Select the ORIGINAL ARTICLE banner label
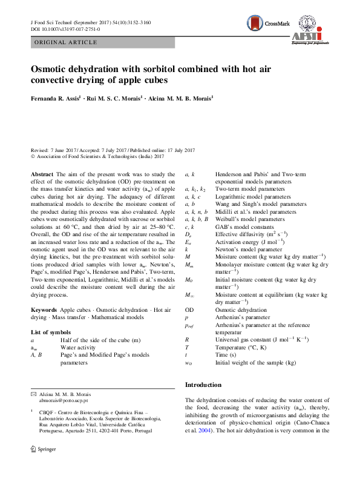pos(65,42)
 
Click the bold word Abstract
pos(42,174)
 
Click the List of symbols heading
pos(51,332)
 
